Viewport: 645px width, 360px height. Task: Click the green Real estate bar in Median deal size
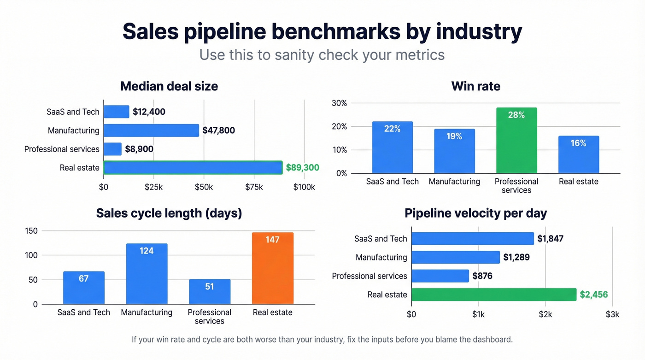(193, 168)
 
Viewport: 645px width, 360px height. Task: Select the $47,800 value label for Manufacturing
(219, 130)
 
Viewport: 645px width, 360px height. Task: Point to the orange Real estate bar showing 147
(273, 268)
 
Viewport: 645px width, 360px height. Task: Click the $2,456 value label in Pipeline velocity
(594, 295)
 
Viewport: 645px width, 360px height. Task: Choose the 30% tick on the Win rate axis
(339, 103)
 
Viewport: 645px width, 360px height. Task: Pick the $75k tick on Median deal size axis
(254, 187)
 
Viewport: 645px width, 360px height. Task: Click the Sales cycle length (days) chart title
(169, 213)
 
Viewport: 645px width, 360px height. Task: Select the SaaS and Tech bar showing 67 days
(84, 288)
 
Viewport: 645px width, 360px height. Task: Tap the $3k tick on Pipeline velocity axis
(612, 314)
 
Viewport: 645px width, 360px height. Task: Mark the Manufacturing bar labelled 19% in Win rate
(454, 151)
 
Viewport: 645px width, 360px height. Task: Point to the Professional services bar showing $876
(440, 276)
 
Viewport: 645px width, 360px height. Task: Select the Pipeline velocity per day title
(476, 213)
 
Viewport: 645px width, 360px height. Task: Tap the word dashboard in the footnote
(491, 340)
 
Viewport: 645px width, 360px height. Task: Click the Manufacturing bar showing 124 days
(147, 274)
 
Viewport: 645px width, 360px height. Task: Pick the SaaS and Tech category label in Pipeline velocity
(381, 239)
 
